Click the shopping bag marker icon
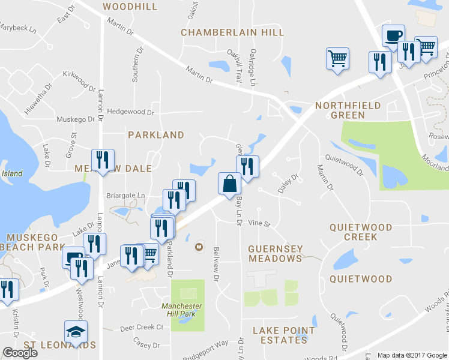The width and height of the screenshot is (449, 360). (229, 183)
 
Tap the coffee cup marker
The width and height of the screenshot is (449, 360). (393, 35)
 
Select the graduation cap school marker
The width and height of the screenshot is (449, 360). (76, 331)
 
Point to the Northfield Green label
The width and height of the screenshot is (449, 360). (348, 110)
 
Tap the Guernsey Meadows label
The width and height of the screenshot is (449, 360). (276, 253)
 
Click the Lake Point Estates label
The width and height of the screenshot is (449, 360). (284, 335)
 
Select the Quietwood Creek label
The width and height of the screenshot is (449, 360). (361, 232)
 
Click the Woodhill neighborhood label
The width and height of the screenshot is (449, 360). (130, 7)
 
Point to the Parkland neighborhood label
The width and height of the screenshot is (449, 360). (156, 135)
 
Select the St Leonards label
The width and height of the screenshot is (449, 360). (59, 345)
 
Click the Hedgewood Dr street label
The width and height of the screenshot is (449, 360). (130, 112)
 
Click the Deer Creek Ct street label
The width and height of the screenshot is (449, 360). (142, 328)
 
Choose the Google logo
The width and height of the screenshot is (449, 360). (20, 353)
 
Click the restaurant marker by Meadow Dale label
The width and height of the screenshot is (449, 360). (101, 159)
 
